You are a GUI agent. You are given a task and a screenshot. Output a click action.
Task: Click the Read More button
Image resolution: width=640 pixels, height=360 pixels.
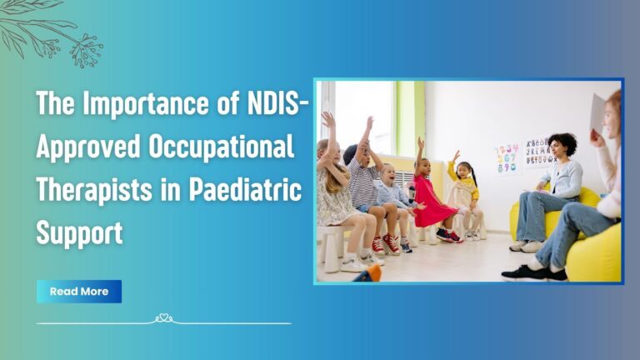pos(79,292)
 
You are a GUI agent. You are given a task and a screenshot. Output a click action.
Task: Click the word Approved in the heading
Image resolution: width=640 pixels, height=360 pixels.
pos(91,149)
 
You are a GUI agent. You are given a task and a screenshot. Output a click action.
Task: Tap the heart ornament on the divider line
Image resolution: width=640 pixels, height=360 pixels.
pos(164,318)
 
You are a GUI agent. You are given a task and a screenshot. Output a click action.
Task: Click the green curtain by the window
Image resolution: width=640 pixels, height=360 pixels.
pos(407,117)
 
